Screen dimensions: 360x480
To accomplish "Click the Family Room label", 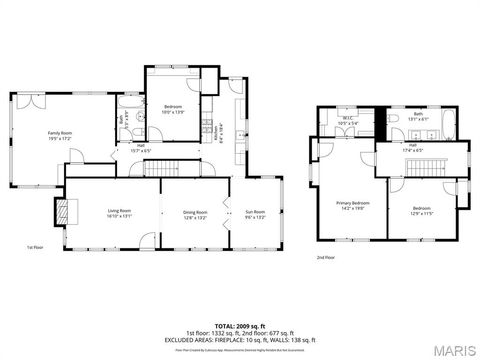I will pyautogui.click(x=60, y=135).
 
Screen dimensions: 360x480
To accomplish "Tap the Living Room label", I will pyautogui.click(x=120, y=213).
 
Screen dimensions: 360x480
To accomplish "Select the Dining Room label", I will pyautogui.click(x=194, y=213).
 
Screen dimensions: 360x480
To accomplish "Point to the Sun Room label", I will pyautogui.click(x=255, y=213).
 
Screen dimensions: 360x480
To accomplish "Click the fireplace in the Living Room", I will pyautogui.click(x=64, y=210).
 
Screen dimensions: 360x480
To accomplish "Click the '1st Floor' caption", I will pyautogui.click(x=36, y=247).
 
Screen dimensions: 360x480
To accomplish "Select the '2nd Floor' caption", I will pyautogui.click(x=326, y=257).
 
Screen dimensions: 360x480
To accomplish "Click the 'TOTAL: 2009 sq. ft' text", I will pyautogui.click(x=240, y=326).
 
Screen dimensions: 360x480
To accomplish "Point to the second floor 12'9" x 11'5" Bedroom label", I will pyautogui.click(x=420, y=211).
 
